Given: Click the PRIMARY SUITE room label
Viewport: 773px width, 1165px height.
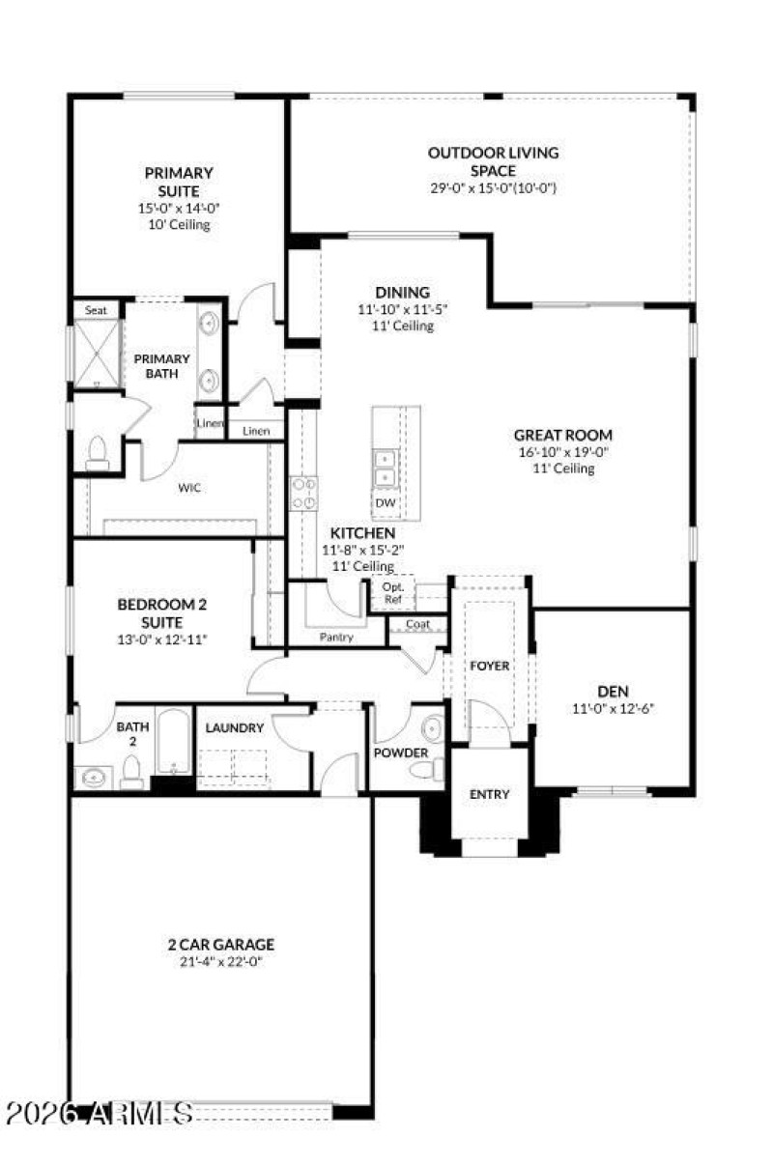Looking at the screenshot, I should [179, 182].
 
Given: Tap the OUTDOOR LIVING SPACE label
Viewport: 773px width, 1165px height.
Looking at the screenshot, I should [493, 161].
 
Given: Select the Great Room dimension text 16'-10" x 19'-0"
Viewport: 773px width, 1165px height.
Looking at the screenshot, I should [563, 452].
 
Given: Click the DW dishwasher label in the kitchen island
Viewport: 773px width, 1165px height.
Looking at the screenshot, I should [385, 503].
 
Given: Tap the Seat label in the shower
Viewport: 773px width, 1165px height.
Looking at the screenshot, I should [96, 310].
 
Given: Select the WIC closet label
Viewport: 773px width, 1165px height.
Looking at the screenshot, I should [189, 488].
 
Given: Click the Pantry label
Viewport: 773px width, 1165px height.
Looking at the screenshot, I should [336, 638].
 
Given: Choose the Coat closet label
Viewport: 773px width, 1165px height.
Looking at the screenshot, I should [417, 624].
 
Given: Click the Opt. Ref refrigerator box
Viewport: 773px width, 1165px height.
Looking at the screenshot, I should [392, 593].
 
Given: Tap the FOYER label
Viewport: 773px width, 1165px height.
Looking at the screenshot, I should [489, 667].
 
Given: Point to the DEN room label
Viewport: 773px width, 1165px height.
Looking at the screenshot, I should [614, 691].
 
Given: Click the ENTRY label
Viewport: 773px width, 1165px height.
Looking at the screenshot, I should [489, 794].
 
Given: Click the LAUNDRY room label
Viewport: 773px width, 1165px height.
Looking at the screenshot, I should [234, 727].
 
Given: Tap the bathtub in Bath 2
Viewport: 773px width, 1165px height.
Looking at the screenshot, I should [174, 742].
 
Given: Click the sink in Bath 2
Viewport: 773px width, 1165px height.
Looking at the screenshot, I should [94, 776].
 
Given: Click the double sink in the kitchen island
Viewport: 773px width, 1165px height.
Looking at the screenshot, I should [385, 468].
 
